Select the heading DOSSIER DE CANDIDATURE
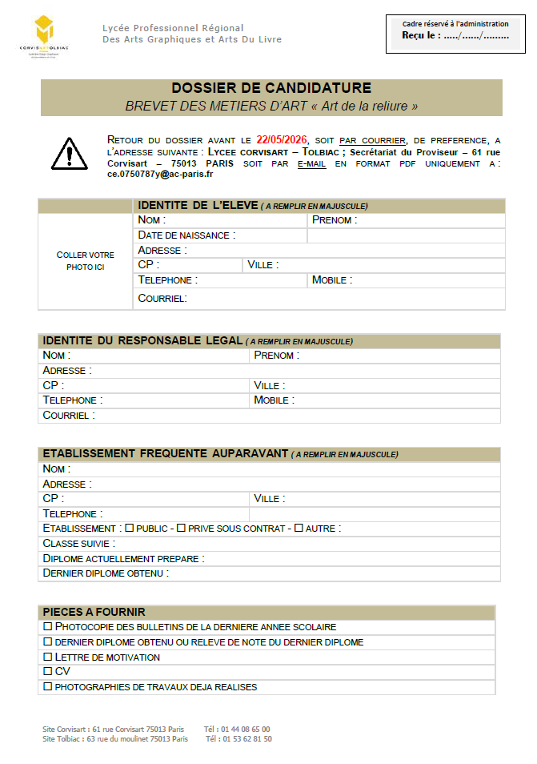271,88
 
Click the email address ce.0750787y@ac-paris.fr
160,173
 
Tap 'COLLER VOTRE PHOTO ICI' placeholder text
85,261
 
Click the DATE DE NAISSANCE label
186,235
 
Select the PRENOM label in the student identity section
335,220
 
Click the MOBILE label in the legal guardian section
274,400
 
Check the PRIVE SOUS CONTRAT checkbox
181,529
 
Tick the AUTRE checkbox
299,529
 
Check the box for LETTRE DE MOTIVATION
48,657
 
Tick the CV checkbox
48,672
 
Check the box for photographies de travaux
48,687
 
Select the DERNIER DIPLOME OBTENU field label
106,573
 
